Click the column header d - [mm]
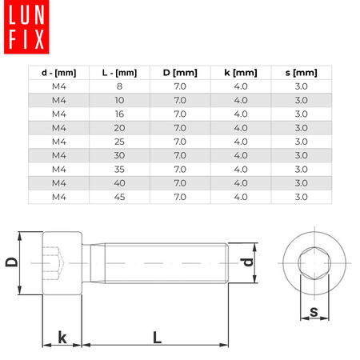coord(58,73)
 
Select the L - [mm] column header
coord(118,73)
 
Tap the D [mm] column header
coord(179,73)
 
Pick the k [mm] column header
coord(240,73)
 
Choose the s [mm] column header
coord(302,73)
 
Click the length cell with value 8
coord(118,86)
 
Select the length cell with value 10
coord(118,100)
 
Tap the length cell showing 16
coord(118,114)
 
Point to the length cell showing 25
coord(118,142)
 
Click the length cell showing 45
coord(118,196)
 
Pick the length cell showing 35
coord(118,169)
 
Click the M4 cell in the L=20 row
coord(58,128)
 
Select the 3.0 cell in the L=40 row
coord(302,182)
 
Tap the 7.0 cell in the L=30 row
coord(179,155)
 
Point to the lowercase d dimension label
coord(248,262)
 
